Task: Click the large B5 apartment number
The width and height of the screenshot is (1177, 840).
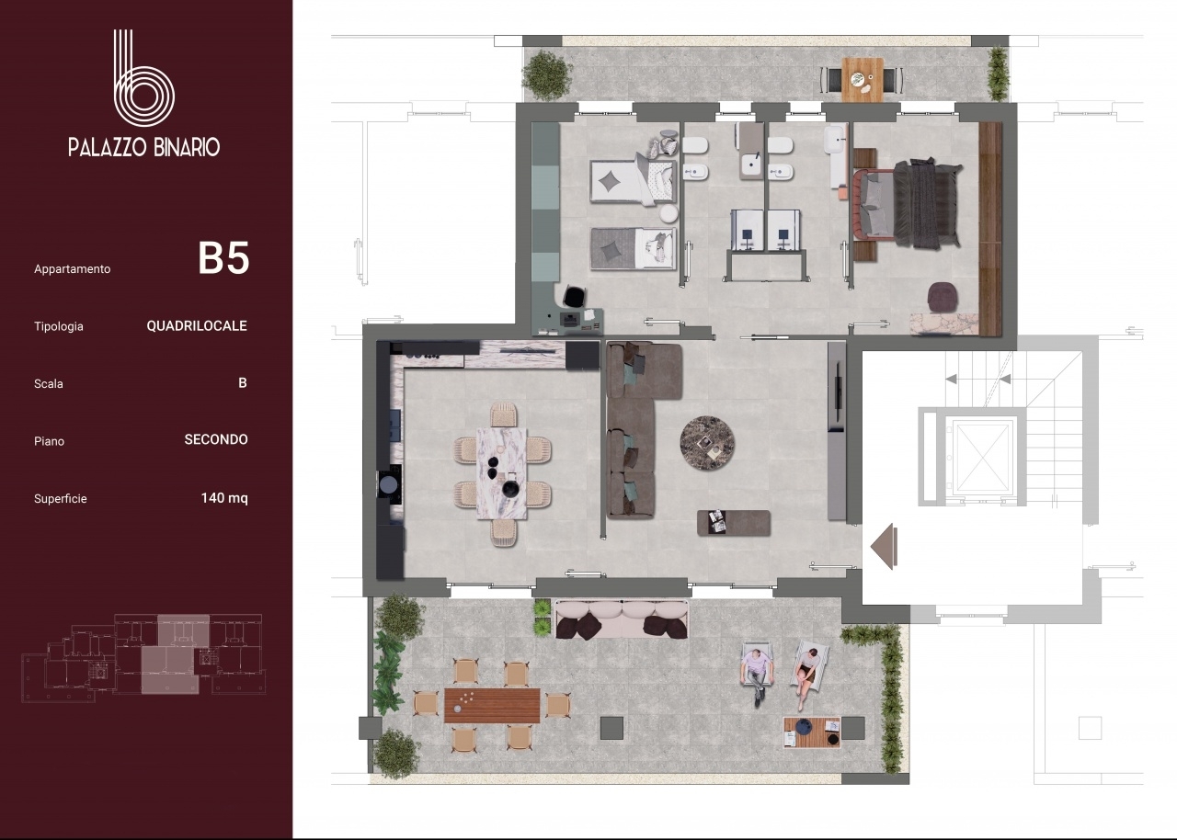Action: click(223, 258)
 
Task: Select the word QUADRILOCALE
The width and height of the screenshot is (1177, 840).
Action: click(197, 325)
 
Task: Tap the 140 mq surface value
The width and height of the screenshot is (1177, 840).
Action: click(224, 498)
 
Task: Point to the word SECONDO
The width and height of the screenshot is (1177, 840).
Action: click(216, 439)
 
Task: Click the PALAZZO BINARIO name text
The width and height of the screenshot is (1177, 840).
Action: click(144, 147)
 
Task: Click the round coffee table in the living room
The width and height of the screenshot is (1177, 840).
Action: click(707, 443)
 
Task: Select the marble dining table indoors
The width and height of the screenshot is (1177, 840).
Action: click(502, 473)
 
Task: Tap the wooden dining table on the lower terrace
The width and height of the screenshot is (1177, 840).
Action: click(492, 706)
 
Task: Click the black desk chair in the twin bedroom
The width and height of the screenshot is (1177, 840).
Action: click(575, 297)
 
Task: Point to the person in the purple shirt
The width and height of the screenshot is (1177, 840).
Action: click(757, 675)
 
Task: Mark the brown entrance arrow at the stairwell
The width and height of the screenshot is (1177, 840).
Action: click(884, 546)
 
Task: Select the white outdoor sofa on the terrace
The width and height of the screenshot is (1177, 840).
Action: click(622, 619)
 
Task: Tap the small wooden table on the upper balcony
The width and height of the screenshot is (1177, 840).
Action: click(863, 79)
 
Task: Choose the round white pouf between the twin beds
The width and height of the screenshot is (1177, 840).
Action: click(668, 213)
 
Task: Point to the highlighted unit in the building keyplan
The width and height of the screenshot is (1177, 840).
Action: click(176, 654)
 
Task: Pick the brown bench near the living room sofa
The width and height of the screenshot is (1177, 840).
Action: click(734, 523)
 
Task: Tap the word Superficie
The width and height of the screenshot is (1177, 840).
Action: click(61, 499)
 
